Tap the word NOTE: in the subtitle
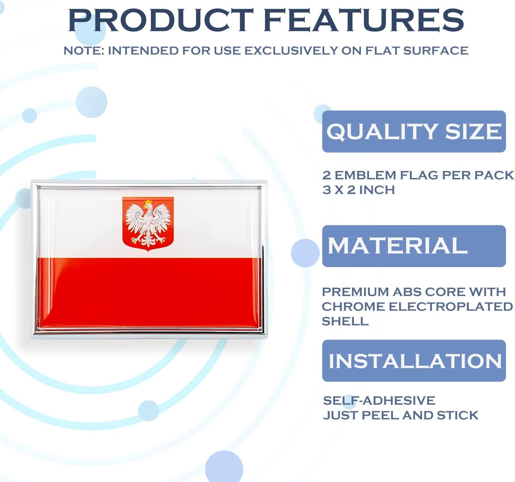click(84, 51)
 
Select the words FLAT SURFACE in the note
click(417, 51)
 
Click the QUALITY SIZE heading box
click(414, 132)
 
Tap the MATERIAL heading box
click(414, 246)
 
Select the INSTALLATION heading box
click(414, 361)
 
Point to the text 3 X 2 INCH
click(358, 190)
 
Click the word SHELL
click(345, 321)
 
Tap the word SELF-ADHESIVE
click(379, 401)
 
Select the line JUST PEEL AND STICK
click(401, 415)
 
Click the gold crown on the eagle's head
click(149, 202)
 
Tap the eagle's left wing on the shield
click(134, 219)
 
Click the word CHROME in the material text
click(353, 306)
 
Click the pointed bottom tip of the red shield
click(148, 250)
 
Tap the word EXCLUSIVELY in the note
click(291, 51)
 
